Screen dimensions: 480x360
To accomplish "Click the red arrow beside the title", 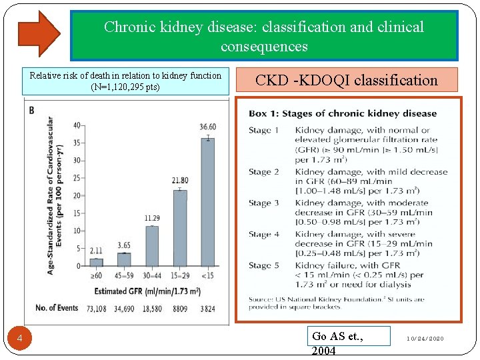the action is (x=39, y=34).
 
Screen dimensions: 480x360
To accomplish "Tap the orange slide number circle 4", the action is (x=19, y=338).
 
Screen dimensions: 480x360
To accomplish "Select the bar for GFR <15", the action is (x=208, y=202).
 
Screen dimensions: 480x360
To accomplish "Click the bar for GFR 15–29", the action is (x=180, y=228).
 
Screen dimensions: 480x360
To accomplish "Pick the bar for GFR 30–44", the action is (x=152, y=246).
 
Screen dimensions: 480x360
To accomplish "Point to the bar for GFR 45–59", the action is (x=124, y=259).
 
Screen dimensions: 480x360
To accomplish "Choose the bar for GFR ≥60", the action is (x=97, y=263).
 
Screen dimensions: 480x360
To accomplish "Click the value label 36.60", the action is (x=208, y=127).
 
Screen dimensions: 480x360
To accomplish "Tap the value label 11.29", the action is (x=152, y=218).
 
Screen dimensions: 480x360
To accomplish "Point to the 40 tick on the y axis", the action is (x=77, y=125).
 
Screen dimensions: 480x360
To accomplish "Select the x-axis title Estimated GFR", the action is (x=147, y=291).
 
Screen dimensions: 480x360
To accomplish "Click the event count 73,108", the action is (x=97, y=309).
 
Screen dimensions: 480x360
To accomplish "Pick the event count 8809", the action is (x=180, y=309).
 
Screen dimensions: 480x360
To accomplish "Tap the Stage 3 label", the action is (x=264, y=203).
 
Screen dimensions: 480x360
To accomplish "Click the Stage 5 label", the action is (x=264, y=265).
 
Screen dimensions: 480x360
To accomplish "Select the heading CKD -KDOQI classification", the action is (x=347, y=80).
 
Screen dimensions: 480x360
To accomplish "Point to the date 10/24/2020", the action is (x=425, y=339).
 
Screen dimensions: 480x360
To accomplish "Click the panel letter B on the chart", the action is (x=31, y=111).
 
